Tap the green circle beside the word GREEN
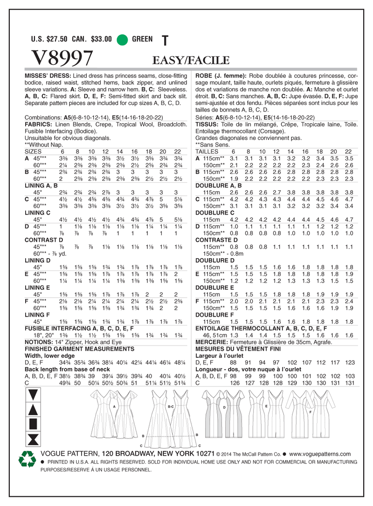point(122,40)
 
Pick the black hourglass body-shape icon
point(33,438)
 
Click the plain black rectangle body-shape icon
point(33,424)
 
